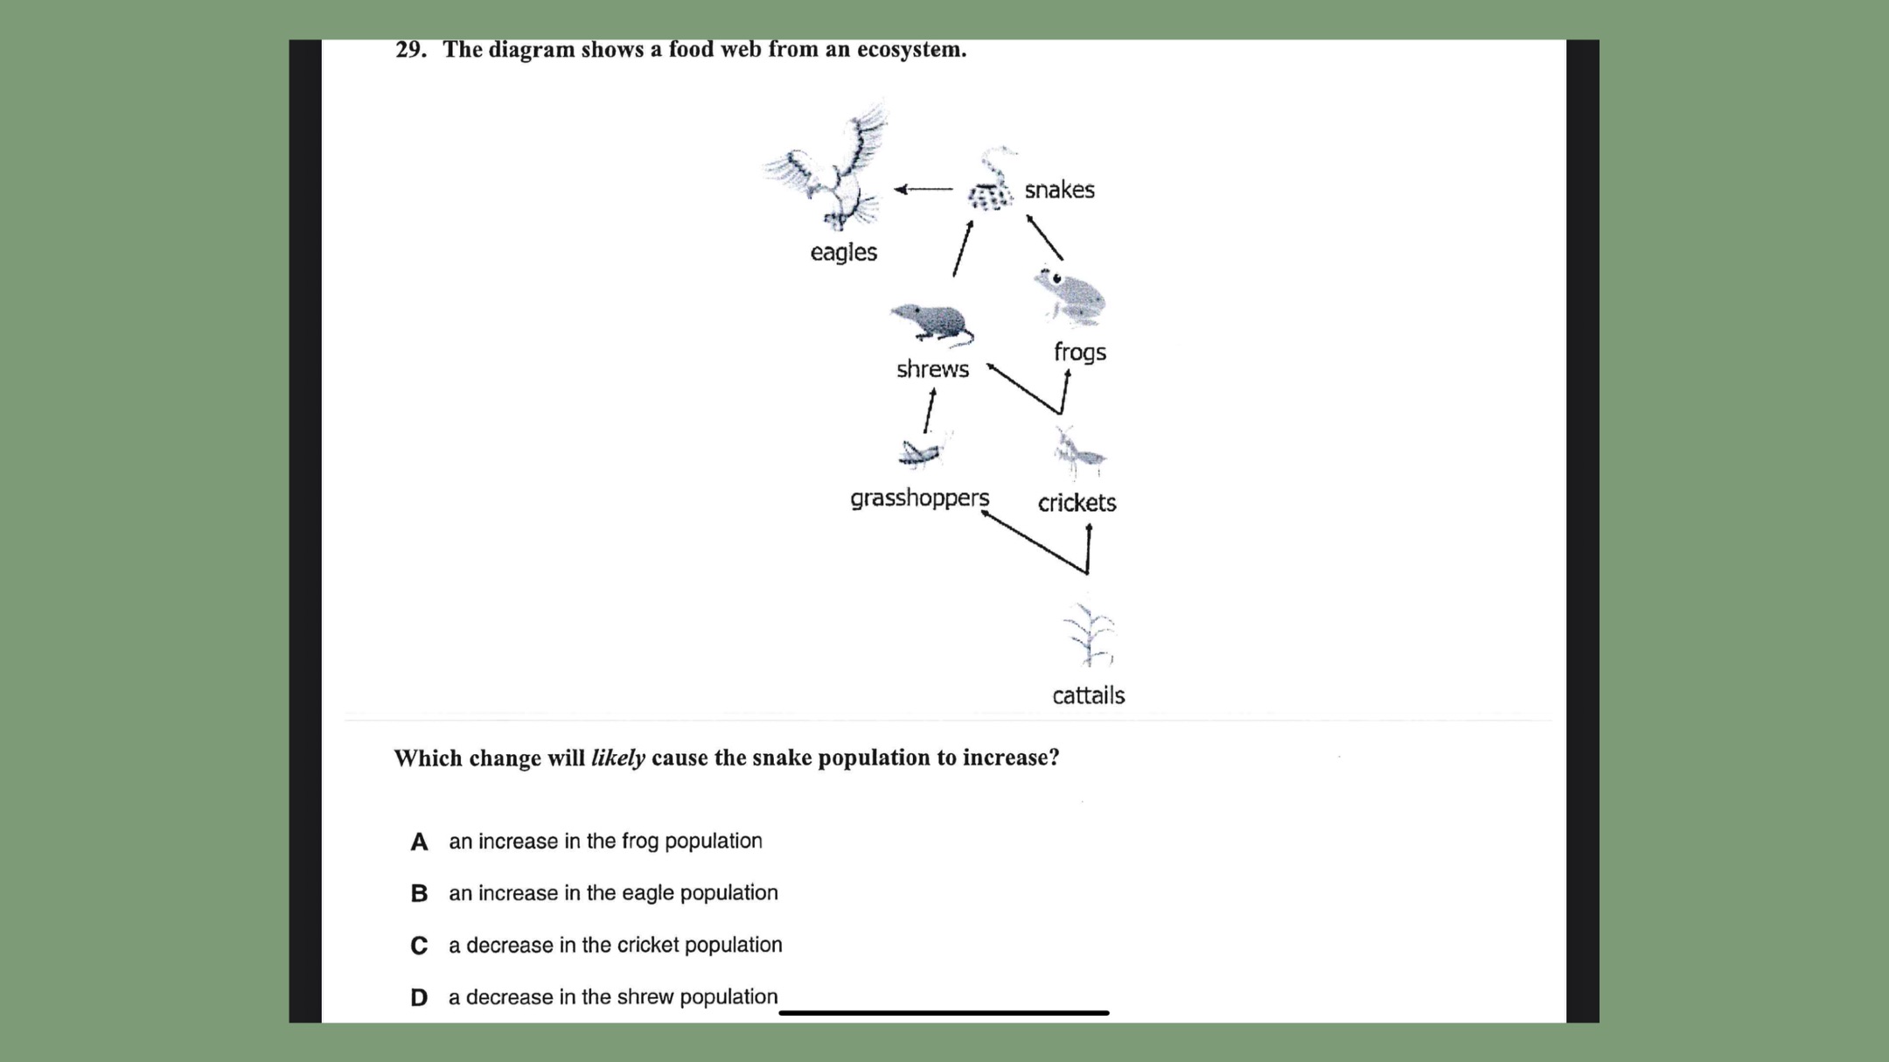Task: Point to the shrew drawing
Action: [x=931, y=324]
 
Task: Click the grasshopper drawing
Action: [x=921, y=451]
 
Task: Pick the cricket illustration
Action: [x=1077, y=451]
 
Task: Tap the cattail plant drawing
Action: [x=1088, y=635]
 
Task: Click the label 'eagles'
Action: [x=843, y=252]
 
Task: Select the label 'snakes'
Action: [x=1059, y=190]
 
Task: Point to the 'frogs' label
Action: [x=1079, y=352]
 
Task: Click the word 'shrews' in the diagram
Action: [x=932, y=369]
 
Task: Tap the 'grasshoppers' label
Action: [x=919, y=498]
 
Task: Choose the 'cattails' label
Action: [x=1088, y=695]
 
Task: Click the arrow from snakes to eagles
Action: [x=924, y=189]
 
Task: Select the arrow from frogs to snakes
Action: [x=1045, y=237]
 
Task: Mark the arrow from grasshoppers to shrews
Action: [x=930, y=410]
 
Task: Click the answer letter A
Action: [x=419, y=842]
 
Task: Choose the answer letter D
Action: [x=419, y=997]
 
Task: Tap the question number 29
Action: [x=410, y=50]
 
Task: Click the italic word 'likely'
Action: [x=617, y=758]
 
